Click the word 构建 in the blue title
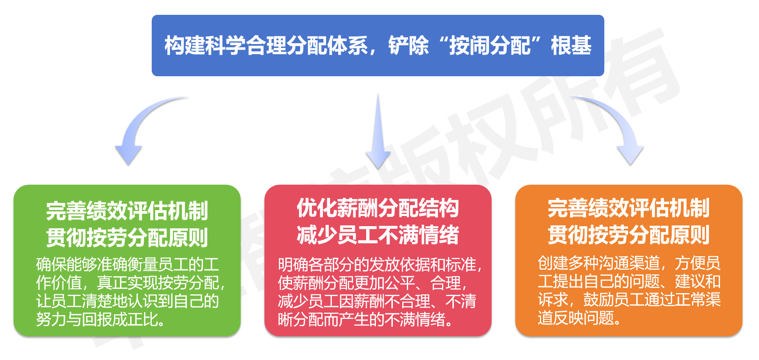185,45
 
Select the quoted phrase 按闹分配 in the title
490,45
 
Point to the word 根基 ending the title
571,45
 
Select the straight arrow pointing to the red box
378,136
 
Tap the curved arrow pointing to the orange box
619,127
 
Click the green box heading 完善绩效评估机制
127,210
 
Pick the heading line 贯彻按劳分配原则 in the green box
127,237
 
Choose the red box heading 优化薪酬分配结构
378,208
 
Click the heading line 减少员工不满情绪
378,235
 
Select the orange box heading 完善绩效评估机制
628,208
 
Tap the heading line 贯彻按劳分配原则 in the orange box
628,235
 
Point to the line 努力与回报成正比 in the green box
101,319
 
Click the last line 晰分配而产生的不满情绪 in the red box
365,319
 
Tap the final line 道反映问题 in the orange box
579,318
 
